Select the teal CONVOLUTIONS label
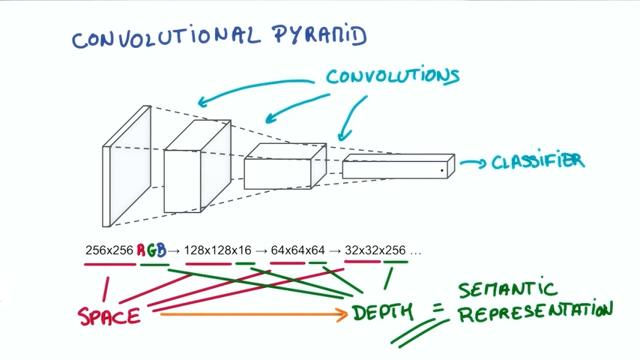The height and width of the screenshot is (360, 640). click(x=392, y=76)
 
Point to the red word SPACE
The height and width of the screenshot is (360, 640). click(x=109, y=316)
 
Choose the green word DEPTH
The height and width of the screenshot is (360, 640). click(x=381, y=313)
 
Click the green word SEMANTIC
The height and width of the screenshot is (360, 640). click(x=508, y=289)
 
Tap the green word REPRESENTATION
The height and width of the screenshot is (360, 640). click(x=535, y=312)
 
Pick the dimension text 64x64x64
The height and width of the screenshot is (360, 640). click(x=298, y=250)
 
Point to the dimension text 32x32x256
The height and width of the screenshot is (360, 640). click(x=375, y=250)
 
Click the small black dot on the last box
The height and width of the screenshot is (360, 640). click(x=442, y=171)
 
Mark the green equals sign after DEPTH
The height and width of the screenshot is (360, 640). click(x=438, y=309)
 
